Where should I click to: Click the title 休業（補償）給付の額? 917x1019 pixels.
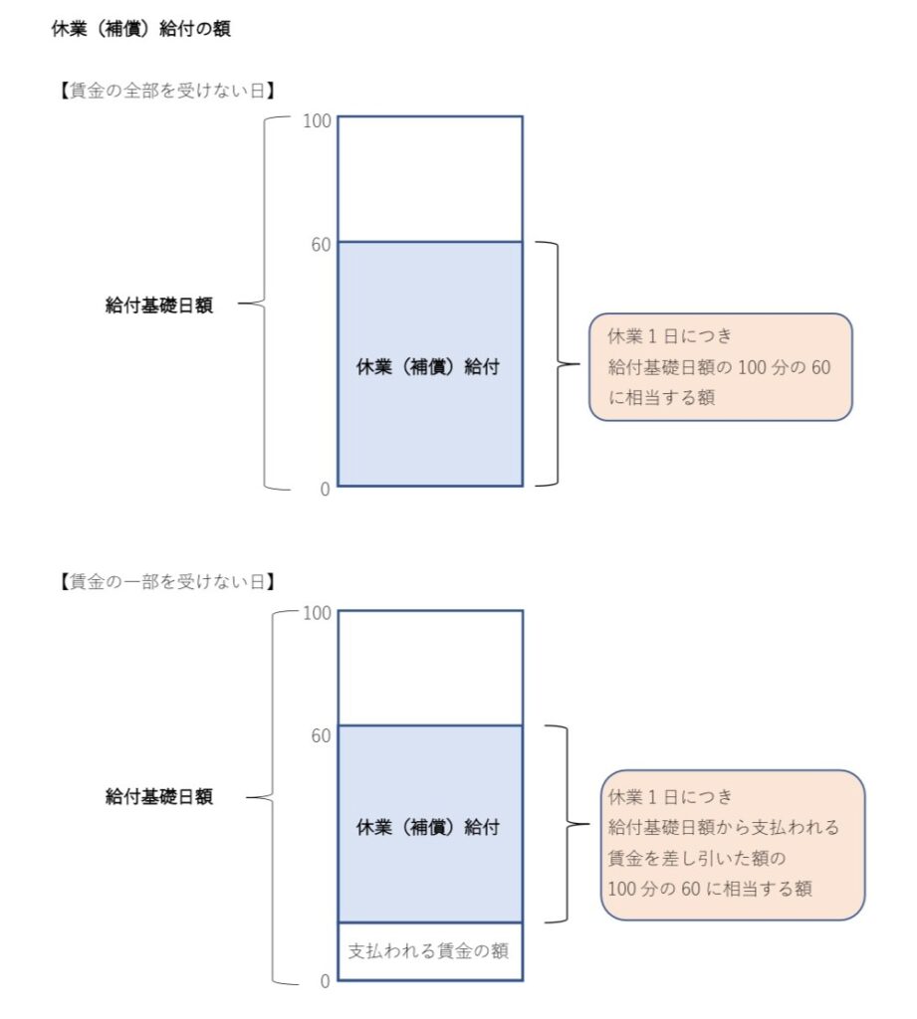(140, 29)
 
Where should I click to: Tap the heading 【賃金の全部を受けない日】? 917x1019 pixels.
(167, 91)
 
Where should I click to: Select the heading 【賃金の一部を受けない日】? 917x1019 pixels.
(167, 581)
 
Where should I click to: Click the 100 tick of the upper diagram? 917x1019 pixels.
(317, 120)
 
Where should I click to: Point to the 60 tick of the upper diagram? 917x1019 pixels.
(321, 245)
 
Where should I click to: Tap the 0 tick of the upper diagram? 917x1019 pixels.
(326, 490)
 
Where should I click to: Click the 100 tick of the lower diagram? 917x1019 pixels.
(317, 613)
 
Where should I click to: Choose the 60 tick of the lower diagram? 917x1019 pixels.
(321, 735)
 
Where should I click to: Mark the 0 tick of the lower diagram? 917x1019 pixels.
(326, 981)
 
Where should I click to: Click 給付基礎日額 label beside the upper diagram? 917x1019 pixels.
(159, 305)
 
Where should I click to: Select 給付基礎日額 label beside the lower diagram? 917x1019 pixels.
(159, 796)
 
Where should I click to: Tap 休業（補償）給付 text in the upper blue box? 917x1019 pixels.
(428, 366)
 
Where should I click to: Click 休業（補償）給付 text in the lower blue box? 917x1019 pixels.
(428, 827)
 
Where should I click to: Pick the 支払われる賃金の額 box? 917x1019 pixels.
(430, 951)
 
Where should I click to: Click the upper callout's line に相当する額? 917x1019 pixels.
(661, 397)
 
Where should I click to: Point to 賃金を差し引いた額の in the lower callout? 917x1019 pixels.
(697, 858)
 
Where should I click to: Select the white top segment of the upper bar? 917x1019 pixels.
(430, 179)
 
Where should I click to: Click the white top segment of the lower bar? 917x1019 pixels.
(430, 668)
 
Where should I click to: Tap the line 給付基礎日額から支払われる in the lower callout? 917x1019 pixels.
(723, 827)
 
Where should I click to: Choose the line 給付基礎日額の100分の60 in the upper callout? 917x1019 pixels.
(719, 367)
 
